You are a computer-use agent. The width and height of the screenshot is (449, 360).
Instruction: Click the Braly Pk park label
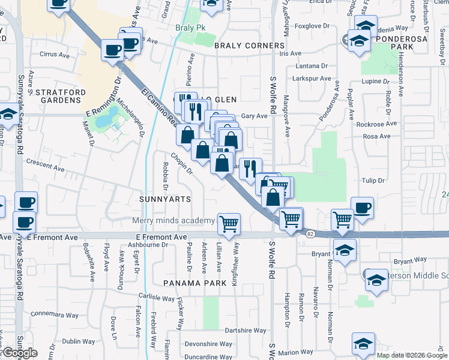coord(190,28)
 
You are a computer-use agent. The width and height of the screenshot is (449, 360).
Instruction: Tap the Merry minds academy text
coord(173,221)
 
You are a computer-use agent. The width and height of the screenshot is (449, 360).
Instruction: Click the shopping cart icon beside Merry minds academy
coord(229,224)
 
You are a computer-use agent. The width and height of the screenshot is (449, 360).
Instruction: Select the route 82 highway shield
coord(310,233)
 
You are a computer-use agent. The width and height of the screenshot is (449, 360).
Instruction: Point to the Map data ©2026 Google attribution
coord(412,355)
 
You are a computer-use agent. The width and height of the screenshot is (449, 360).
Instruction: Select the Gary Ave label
coord(254,116)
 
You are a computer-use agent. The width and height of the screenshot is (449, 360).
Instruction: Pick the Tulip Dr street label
coord(373,180)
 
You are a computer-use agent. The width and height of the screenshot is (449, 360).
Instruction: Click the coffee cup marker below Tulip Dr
coord(362,208)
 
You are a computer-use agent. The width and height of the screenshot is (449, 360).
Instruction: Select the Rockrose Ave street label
coord(376,124)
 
